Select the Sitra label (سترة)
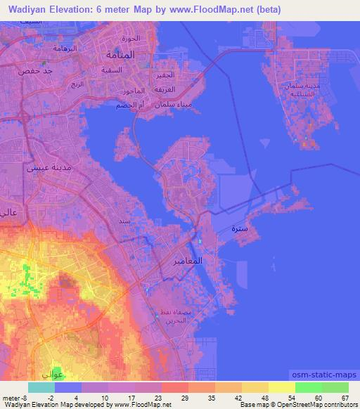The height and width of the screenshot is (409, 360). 238,229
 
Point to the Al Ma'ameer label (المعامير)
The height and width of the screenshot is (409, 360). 187,261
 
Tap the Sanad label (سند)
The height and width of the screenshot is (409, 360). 124,221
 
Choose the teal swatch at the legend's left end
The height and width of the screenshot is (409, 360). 41,387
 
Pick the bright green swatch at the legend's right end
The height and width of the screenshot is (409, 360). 335,387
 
